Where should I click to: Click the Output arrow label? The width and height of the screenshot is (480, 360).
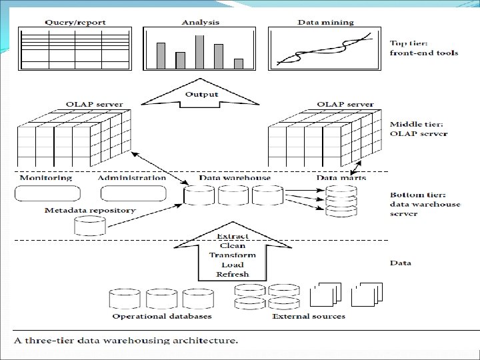(201, 95)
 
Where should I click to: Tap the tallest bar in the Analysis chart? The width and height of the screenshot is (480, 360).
(199, 51)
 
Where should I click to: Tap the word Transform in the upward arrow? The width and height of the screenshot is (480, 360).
(232, 255)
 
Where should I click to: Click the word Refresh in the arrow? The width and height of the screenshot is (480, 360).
(232, 274)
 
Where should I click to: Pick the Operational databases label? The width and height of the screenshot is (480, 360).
(162, 316)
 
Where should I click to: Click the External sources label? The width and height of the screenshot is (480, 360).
(309, 316)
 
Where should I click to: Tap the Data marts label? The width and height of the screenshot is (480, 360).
(337, 178)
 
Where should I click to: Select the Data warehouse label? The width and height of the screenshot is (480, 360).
(235, 178)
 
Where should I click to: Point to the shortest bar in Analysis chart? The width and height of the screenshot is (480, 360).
(239, 63)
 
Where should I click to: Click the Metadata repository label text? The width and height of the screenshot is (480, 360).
(90, 210)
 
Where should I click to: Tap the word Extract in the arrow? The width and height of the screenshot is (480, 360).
(233, 237)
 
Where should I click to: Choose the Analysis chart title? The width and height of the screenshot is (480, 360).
(200, 22)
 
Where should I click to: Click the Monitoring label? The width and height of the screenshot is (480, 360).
(46, 178)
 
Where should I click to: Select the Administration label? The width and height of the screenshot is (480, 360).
(131, 178)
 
